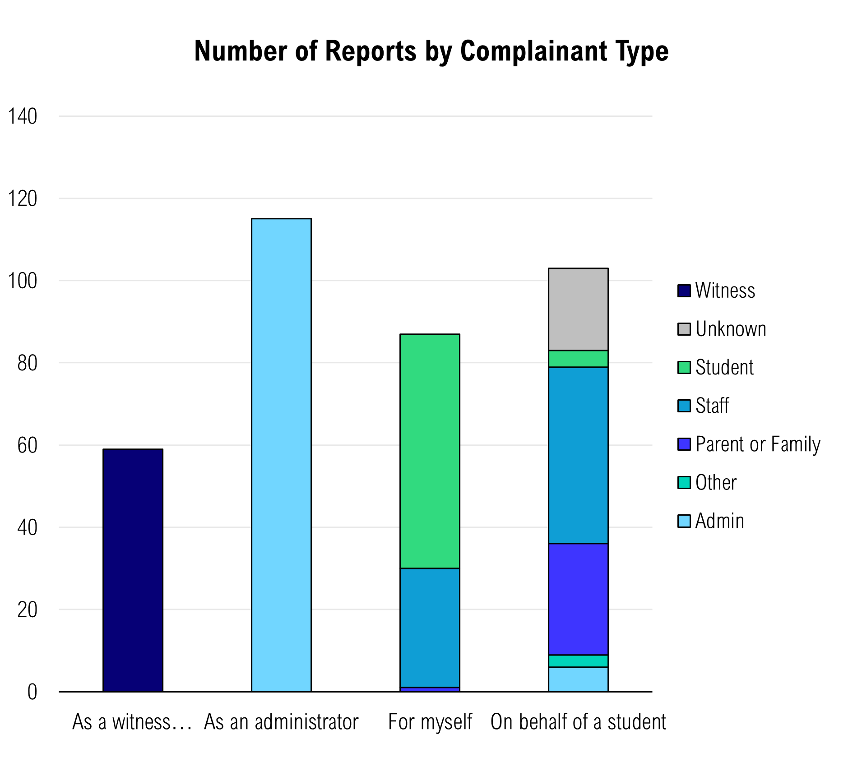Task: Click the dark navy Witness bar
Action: point(133,570)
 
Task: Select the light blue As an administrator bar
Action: point(281,455)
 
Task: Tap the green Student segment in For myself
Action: point(430,451)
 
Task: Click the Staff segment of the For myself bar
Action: point(430,628)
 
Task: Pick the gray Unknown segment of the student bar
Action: point(578,309)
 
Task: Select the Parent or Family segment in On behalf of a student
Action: point(578,599)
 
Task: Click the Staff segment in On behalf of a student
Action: point(578,455)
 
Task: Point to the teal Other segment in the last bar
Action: point(578,660)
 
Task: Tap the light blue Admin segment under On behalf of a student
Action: point(578,679)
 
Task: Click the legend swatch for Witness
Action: point(684,291)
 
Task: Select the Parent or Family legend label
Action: point(757,444)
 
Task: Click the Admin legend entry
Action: point(719,521)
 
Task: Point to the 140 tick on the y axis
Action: point(23,116)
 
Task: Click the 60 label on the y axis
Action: point(27,445)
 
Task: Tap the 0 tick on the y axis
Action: point(32,692)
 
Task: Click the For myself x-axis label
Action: point(430,722)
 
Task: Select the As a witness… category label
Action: point(132,722)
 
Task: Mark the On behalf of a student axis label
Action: point(578,722)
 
